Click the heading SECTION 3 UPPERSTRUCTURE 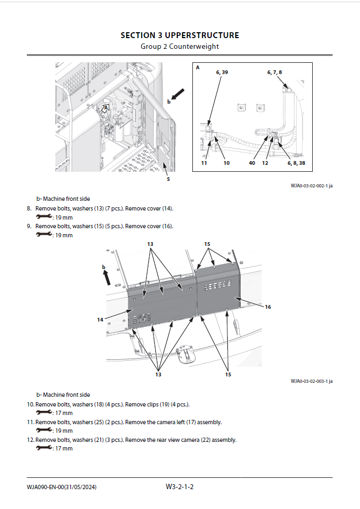click(179, 35)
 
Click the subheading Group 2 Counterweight click(179, 46)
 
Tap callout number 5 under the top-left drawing click(168, 179)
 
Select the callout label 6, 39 click(222, 72)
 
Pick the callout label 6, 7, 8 click(274, 72)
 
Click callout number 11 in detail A click(204, 163)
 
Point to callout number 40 click(252, 163)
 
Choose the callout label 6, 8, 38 click(296, 163)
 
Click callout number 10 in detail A click(226, 163)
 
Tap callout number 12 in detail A click(265, 163)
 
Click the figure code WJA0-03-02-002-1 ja click(312, 186)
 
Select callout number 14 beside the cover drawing click(100, 319)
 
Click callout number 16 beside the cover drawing click(268, 307)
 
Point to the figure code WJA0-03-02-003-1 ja click(312, 381)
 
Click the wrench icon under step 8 click(44, 217)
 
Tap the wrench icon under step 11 click(44, 430)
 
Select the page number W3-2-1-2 click(179, 487)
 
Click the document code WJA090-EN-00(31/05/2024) click(62, 487)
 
